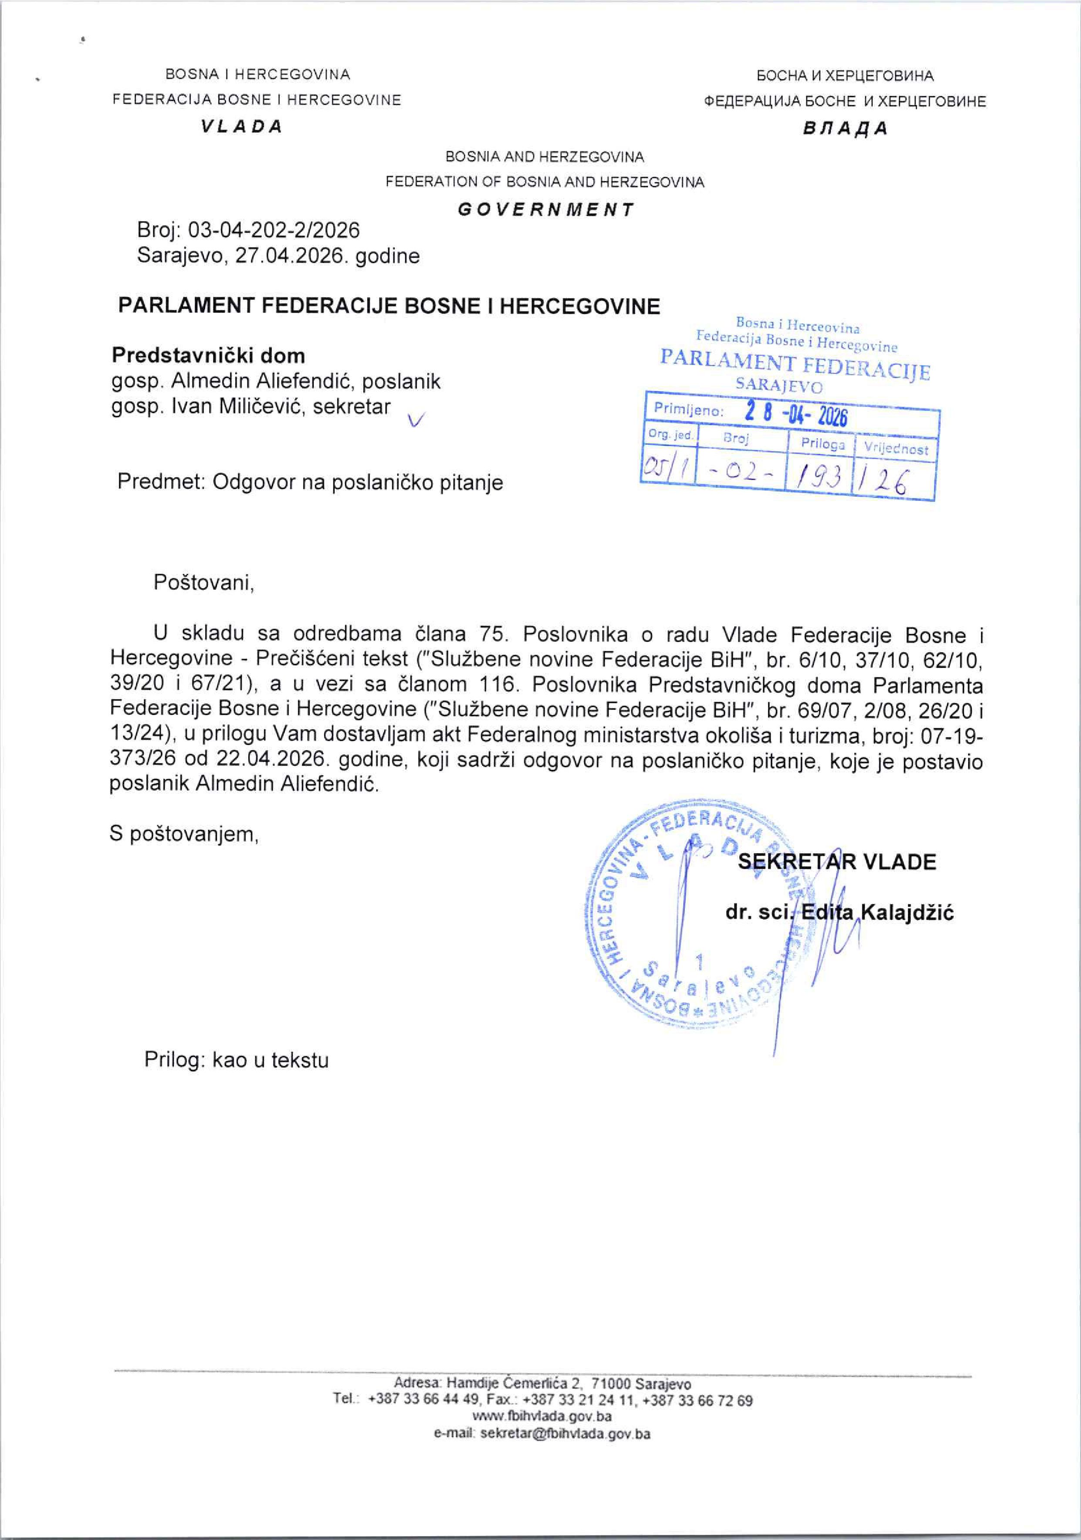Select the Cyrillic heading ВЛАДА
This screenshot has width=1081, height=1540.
pos(845,129)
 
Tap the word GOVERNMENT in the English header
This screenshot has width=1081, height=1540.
pos(545,209)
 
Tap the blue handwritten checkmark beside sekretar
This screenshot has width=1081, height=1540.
pos(416,420)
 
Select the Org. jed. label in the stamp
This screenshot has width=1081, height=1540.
pos(670,435)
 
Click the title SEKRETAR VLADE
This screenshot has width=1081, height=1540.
pos(837,862)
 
